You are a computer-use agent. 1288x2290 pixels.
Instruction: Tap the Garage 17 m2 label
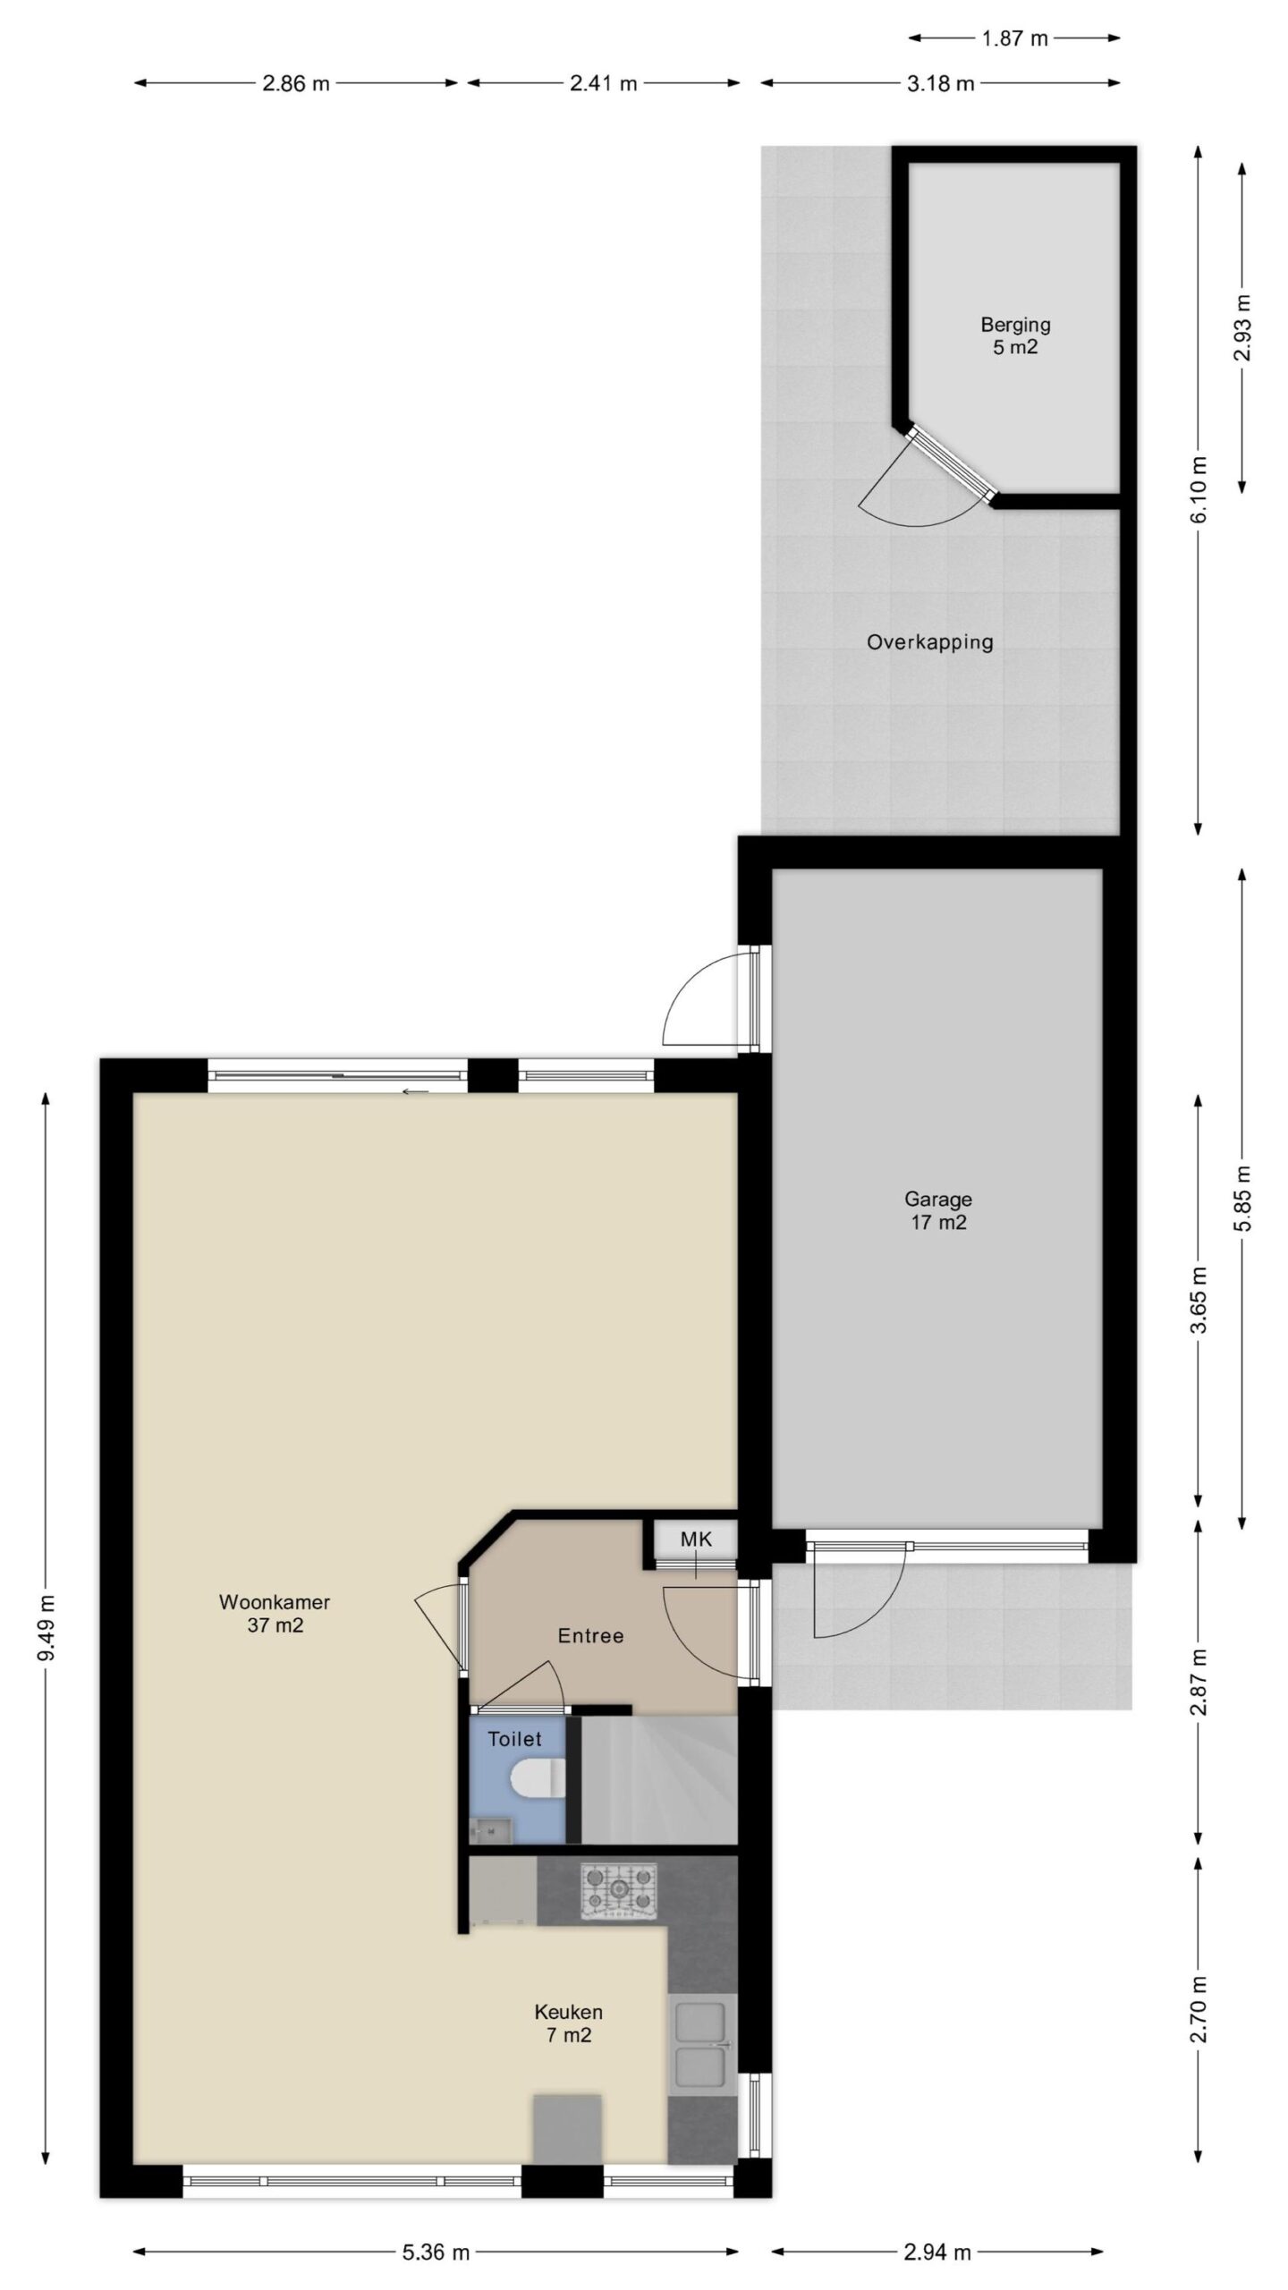938,1210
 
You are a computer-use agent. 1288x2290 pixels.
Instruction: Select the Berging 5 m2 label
1015,335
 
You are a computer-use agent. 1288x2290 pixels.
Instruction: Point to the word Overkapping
930,641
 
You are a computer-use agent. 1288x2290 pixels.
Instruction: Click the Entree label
590,1636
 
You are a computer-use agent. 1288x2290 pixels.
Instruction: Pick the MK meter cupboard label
696,1539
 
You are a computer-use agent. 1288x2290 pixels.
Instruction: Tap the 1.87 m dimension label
1014,38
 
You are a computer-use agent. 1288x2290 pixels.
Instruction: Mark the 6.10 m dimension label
1199,489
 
